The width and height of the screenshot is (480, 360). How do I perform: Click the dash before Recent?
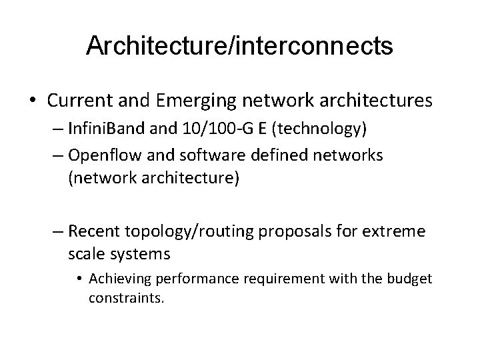[x=58, y=232]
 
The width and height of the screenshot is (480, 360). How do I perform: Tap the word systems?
[x=140, y=254]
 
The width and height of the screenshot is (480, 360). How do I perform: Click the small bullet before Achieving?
[x=82, y=278]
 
